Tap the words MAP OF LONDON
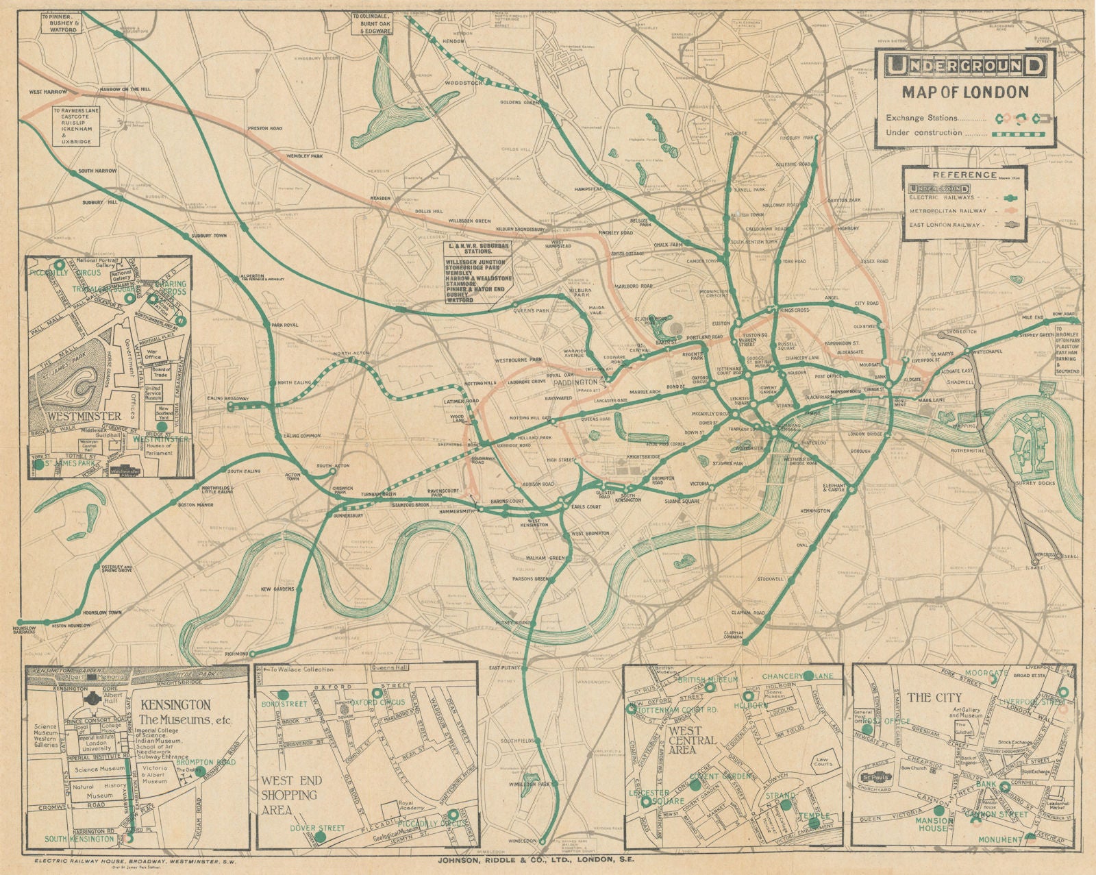965,91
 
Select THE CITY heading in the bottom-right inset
930,698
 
